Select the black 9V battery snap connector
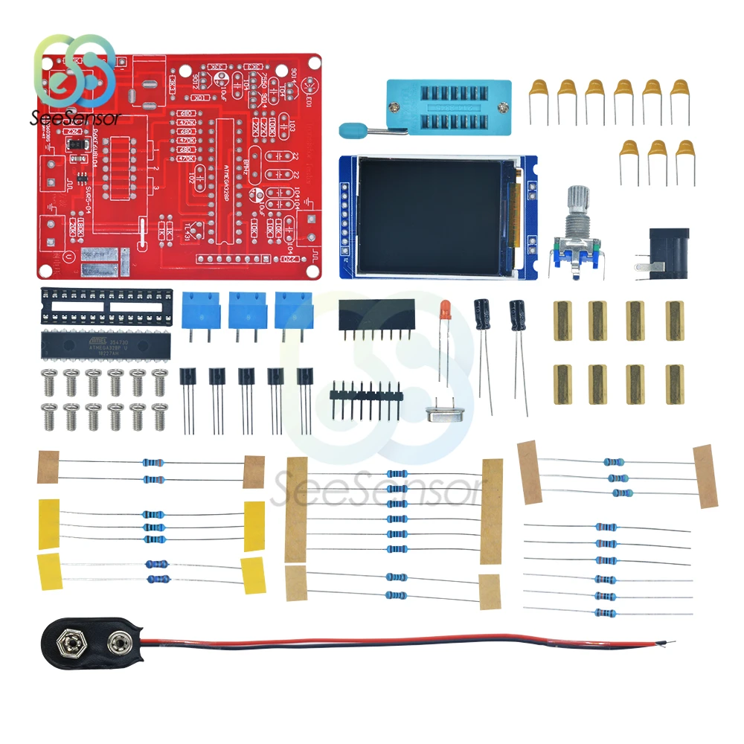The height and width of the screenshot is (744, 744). click(x=89, y=640)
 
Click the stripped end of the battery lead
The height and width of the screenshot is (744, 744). click(x=670, y=642)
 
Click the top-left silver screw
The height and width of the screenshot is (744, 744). click(x=50, y=378)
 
